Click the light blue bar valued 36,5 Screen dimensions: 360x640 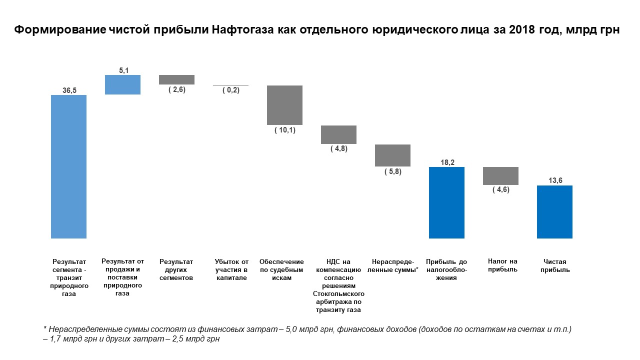coord(68,166)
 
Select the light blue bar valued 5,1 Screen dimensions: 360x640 coord(122,84)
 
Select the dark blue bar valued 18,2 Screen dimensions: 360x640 coord(446,202)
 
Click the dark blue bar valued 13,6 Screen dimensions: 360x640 coord(554,212)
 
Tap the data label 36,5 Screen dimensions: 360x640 coord(69,90)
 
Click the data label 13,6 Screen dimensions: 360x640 coord(554,180)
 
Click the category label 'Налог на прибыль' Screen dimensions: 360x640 coord(502,265)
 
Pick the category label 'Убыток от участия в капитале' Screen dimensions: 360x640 coord(231,270)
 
